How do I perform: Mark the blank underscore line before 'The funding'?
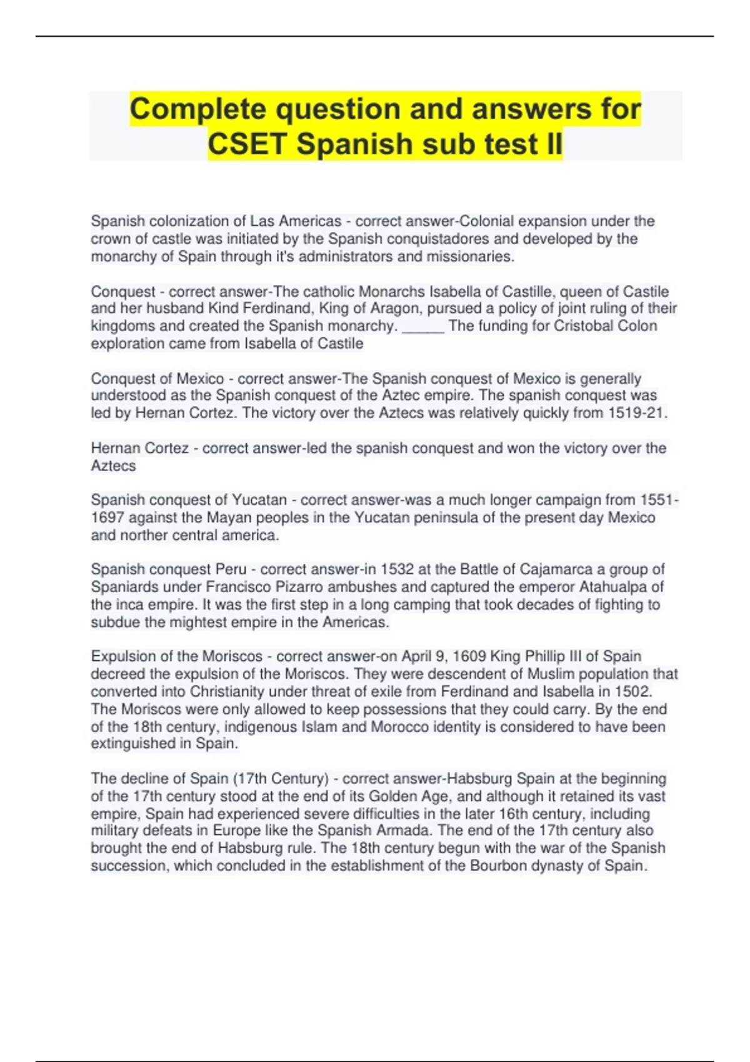click(423, 327)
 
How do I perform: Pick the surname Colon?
click(637, 325)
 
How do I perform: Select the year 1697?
click(109, 517)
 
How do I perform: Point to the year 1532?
click(397, 569)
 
